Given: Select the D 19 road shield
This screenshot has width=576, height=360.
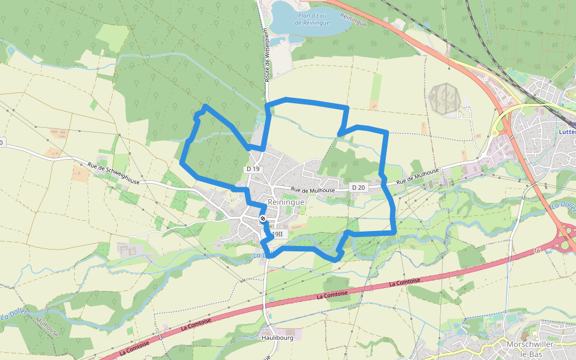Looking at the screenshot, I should click(253, 169).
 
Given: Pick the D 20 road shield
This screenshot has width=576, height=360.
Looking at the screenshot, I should click(358, 188).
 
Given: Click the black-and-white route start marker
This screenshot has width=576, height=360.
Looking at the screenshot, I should click(263, 218).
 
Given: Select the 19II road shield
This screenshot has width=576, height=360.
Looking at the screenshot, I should click(277, 234).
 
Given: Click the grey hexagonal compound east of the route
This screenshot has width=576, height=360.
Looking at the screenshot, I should click(445, 98).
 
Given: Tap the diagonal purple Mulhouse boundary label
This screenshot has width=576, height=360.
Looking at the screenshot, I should click(46, 326).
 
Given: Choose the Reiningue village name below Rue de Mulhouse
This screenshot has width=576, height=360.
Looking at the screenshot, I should click(286, 202).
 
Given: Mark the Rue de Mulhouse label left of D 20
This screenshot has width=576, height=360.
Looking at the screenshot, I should click(313, 190).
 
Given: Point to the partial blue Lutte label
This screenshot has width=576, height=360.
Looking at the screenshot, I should click(566, 132).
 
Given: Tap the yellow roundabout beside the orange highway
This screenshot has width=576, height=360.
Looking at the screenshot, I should click(494, 133).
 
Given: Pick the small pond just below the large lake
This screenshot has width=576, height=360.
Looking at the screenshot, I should click(277, 41).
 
